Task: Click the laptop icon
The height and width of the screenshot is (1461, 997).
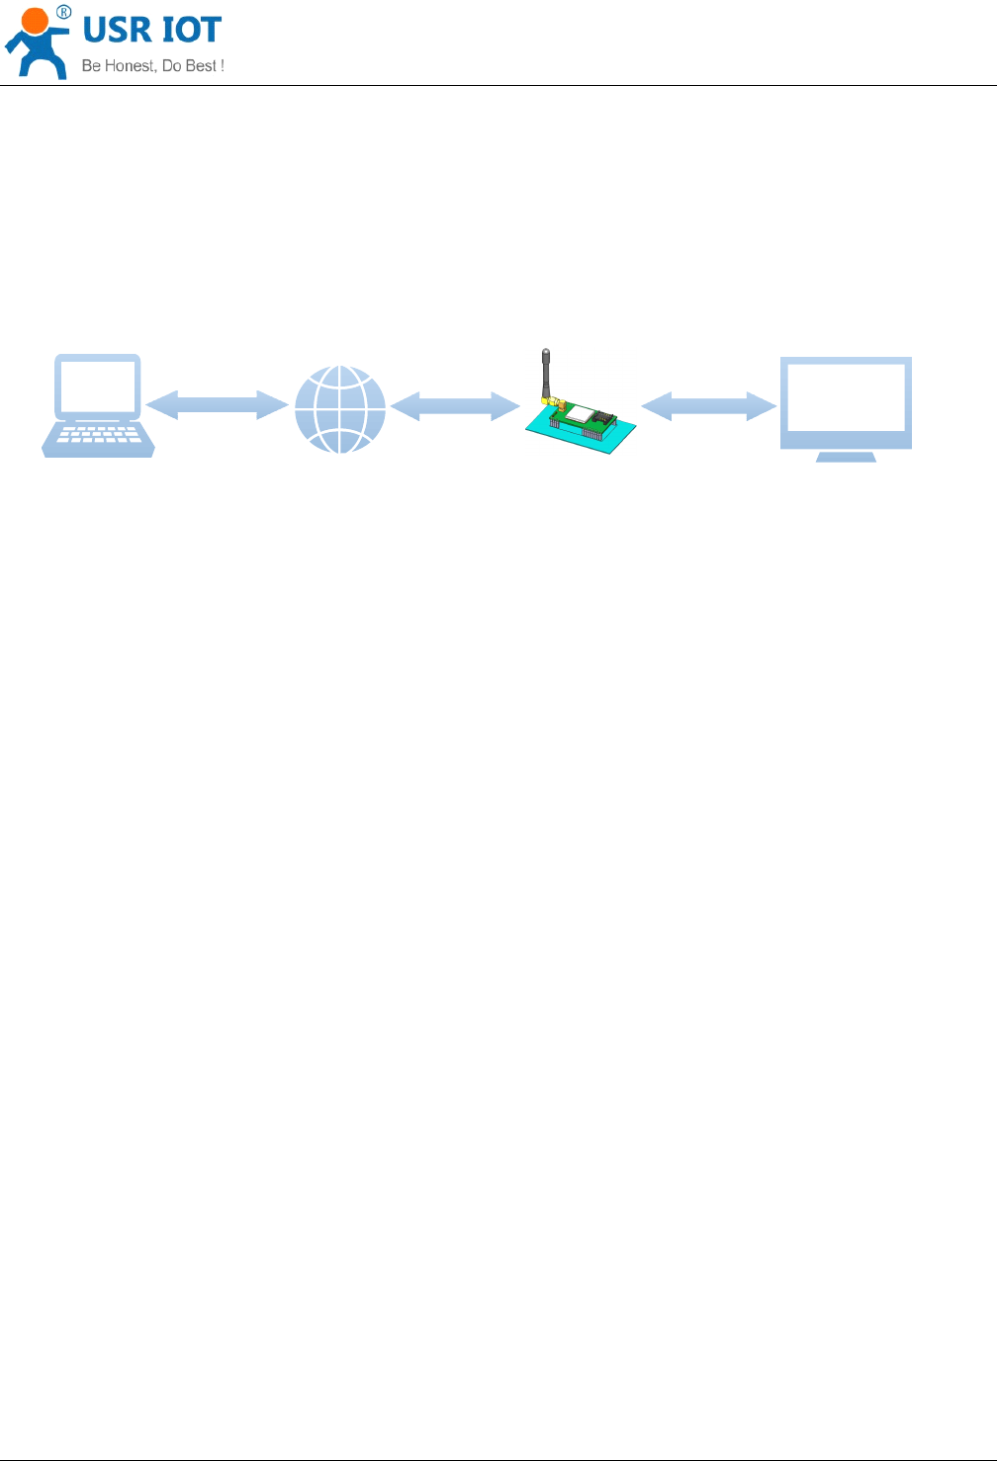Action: [x=98, y=405]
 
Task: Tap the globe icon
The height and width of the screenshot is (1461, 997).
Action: [x=340, y=409]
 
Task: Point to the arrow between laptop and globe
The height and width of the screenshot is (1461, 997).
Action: [x=217, y=404]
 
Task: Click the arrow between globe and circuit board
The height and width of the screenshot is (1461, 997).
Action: [x=455, y=405]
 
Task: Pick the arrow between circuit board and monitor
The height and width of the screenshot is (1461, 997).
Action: [x=708, y=406]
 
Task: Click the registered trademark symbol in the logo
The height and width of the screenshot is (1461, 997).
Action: [x=63, y=12]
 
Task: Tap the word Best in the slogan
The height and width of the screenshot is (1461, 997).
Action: [x=201, y=66]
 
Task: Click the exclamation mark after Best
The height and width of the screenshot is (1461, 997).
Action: [x=222, y=66]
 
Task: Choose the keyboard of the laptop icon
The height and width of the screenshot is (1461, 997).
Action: [x=98, y=436]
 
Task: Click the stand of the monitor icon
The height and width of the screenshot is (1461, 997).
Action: [x=846, y=457]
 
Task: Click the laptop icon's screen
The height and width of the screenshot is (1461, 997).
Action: [x=98, y=387]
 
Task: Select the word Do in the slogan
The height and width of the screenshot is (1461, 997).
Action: [x=172, y=66]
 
